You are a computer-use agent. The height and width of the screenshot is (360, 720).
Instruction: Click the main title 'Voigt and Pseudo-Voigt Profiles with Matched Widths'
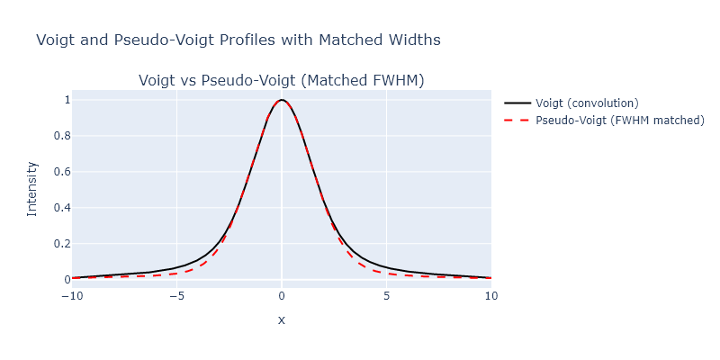[238, 40]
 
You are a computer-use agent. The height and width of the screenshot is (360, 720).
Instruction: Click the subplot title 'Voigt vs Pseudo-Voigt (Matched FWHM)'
[281, 81]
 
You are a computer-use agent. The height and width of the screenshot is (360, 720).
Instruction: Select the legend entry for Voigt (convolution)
[587, 103]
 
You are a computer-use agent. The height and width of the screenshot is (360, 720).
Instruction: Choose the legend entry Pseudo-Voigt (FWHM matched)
[619, 120]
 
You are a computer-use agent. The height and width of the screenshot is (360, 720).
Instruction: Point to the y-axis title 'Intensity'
[32, 188]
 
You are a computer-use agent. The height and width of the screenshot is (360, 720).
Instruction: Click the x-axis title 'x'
[282, 319]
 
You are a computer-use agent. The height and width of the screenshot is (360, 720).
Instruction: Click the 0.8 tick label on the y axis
[61, 136]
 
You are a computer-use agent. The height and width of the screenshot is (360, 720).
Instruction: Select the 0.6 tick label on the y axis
[61, 172]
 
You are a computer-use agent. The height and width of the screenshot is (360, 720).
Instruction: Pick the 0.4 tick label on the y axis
[61, 208]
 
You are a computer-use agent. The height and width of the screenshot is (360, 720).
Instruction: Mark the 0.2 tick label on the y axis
[61, 244]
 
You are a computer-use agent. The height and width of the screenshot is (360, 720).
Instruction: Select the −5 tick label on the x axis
[176, 294]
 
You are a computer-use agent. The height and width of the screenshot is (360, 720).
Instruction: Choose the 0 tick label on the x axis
[282, 294]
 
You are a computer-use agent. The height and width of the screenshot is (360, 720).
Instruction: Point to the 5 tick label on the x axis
[387, 294]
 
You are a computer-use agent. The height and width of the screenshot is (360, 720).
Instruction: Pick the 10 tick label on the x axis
[491, 294]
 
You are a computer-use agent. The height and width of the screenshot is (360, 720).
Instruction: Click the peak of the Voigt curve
[282, 100]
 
